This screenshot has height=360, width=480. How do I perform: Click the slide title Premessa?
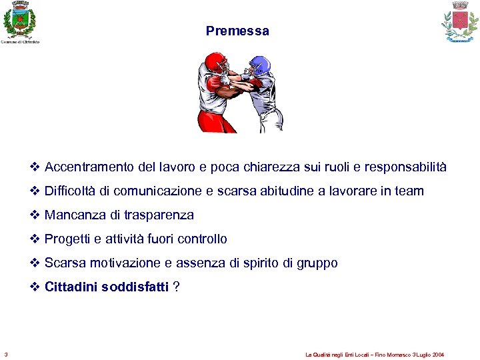(237, 31)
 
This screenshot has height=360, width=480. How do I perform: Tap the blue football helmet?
(260, 66)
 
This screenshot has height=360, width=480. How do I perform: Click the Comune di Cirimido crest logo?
(19, 20)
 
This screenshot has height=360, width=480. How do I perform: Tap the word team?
(409, 191)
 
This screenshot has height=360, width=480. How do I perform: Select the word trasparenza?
(159, 215)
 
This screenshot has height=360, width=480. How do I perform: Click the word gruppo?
(317, 263)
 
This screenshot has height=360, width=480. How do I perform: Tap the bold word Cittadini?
(71, 287)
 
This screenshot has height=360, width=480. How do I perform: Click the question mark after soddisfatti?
(175, 287)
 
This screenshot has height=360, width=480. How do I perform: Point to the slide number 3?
(6, 354)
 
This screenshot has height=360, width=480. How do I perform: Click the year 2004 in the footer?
(437, 355)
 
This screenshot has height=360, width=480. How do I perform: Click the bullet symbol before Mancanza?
(35, 215)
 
